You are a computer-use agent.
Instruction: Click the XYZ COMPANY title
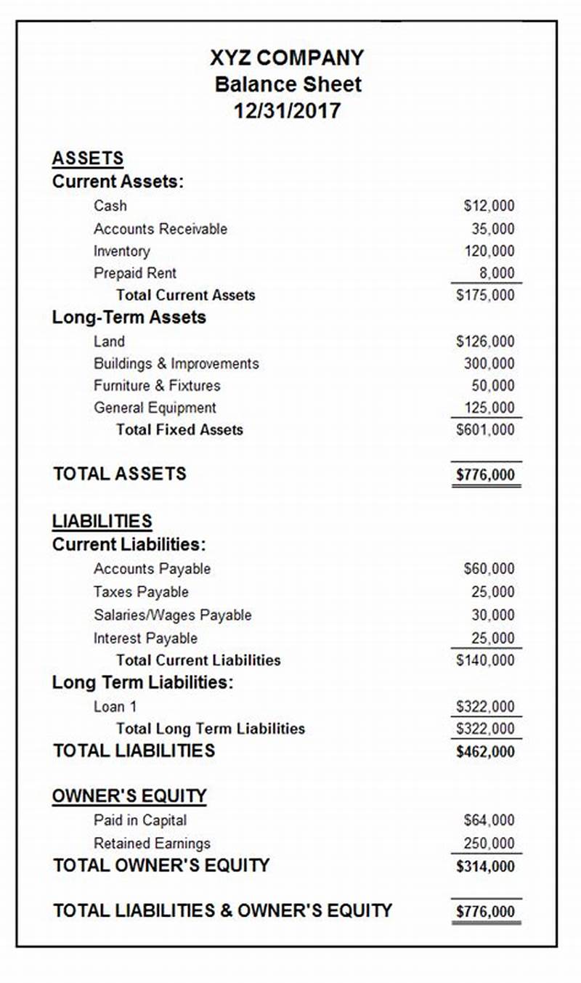click(287, 57)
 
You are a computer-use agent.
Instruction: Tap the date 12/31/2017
click(287, 111)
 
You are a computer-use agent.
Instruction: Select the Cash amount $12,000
click(489, 206)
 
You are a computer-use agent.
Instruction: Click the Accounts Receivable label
click(160, 229)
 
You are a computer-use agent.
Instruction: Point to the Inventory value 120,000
click(489, 251)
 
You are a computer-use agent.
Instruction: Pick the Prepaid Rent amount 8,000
click(497, 273)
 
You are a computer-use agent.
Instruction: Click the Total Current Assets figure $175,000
click(485, 295)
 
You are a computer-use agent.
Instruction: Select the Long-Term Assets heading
click(129, 317)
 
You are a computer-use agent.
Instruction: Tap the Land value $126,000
click(485, 341)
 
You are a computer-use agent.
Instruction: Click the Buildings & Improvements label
click(176, 363)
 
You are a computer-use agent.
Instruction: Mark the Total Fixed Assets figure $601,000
click(485, 430)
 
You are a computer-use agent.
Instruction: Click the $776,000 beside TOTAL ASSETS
click(485, 475)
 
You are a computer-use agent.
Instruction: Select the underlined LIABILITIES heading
click(102, 521)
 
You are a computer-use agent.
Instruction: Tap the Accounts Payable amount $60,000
click(489, 569)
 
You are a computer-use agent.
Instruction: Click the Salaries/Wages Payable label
click(172, 615)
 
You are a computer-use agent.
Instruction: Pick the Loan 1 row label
click(115, 706)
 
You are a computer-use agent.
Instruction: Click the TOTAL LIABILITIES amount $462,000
click(485, 752)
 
